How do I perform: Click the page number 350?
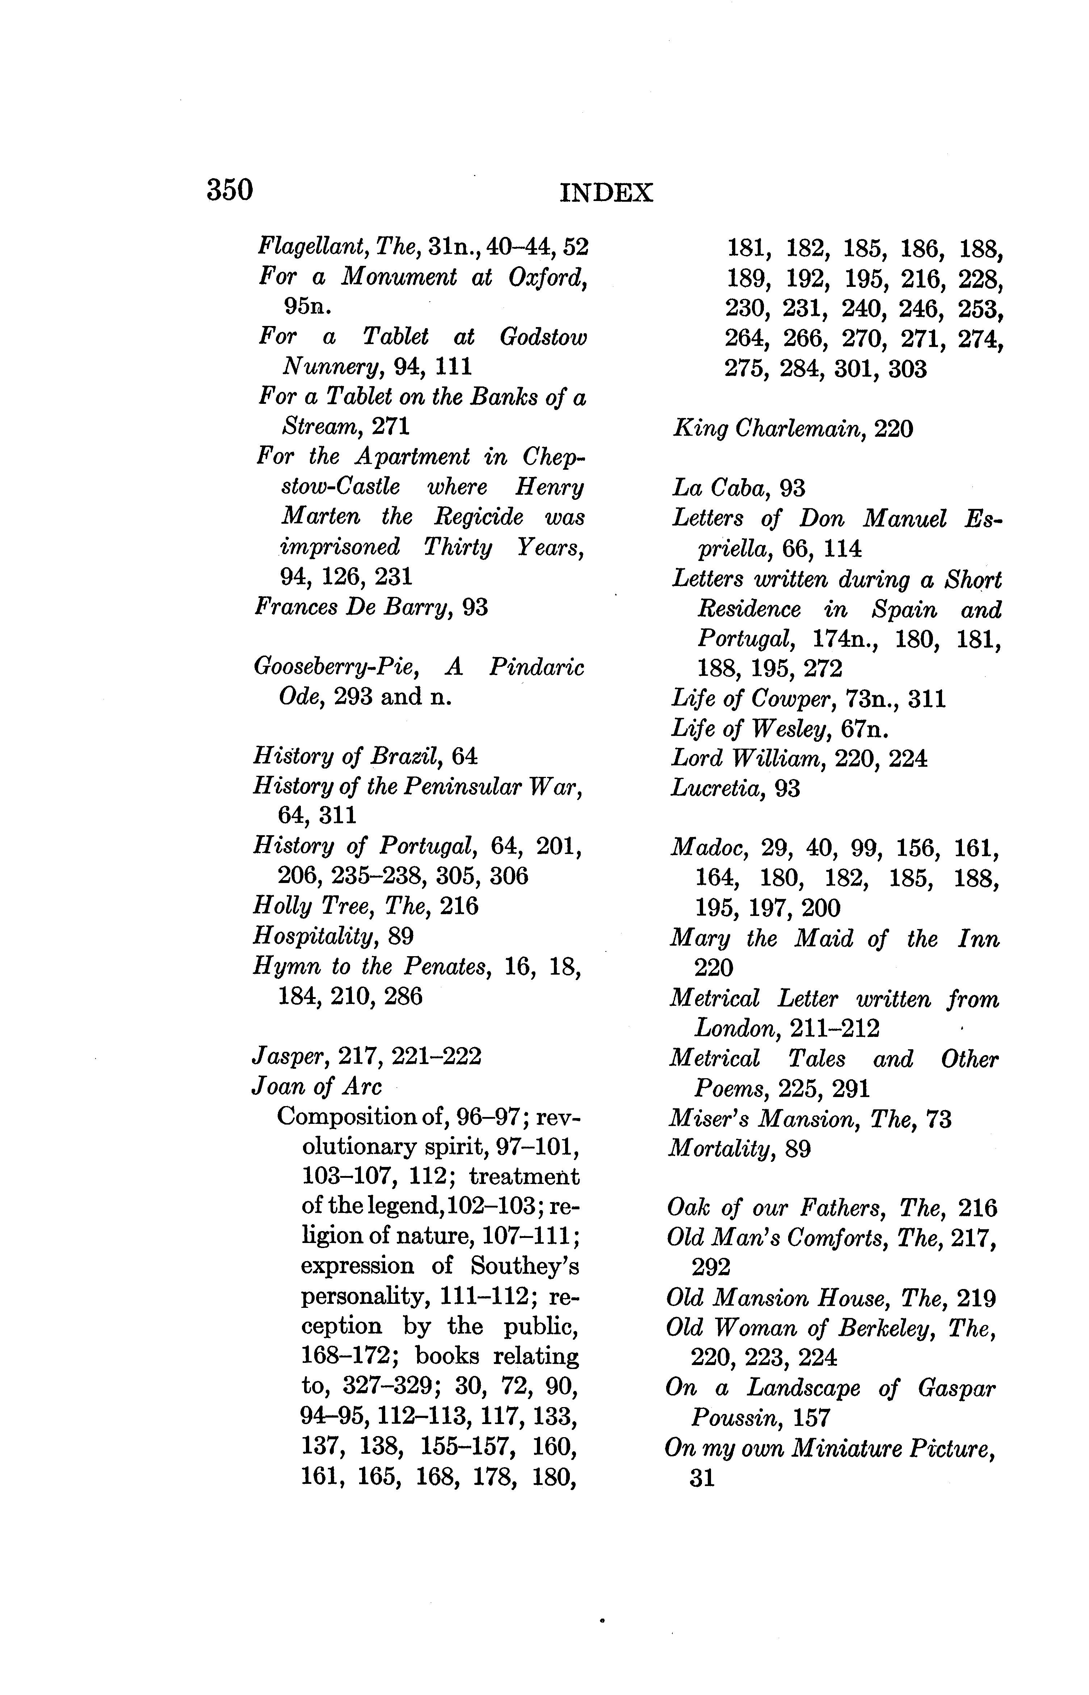click(x=230, y=190)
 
